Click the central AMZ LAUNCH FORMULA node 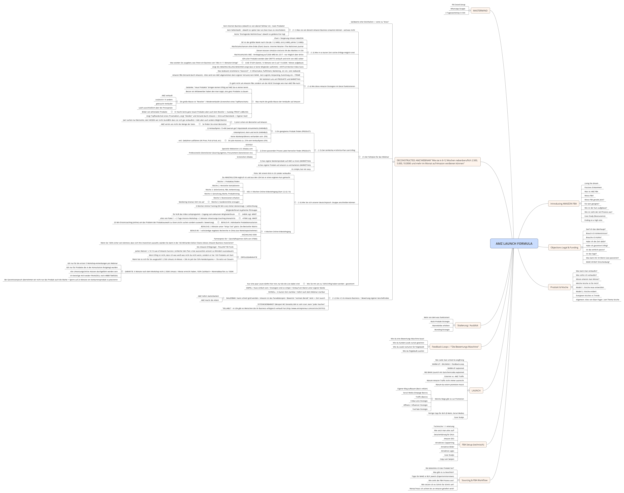pyautogui.click(x=514, y=243)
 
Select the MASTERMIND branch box pyautogui.click(x=480, y=11)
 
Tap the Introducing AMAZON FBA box pyautogui.click(x=563, y=203)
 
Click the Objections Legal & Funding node pyautogui.click(x=564, y=247)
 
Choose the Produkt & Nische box pyautogui.click(x=559, y=287)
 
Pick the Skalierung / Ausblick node pyautogui.click(x=468, y=325)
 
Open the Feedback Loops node pyautogui.click(x=455, y=347)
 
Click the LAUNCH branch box pyautogui.click(x=476, y=391)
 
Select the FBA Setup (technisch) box pyautogui.click(x=473, y=445)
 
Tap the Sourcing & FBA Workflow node pyautogui.click(x=474, y=480)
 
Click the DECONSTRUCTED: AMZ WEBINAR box pyautogui.click(x=437, y=162)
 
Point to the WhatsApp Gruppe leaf pyautogui.click(x=458, y=9)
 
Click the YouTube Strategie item pyautogui.click(x=420, y=409)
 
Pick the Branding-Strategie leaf pyautogui.click(x=442, y=330)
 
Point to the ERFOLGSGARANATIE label pyautogui.click(x=249, y=257)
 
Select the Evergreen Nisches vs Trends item pyautogui.click(x=588, y=296)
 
